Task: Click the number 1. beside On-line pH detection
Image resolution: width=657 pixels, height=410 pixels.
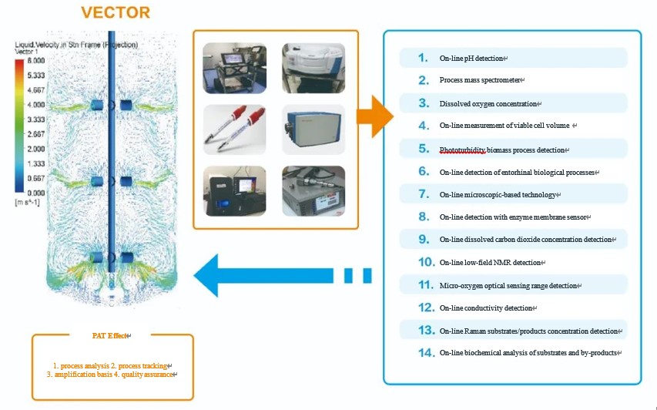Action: [x=423, y=58]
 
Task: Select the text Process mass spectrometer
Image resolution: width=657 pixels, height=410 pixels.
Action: [x=481, y=81]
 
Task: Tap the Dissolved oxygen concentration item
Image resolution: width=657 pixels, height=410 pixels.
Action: [x=490, y=104]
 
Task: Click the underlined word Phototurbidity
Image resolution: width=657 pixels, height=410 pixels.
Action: [x=462, y=150]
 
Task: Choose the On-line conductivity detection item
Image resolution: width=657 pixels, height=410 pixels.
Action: [x=487, y=308]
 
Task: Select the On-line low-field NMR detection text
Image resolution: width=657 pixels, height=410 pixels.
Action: [x=491, y=263]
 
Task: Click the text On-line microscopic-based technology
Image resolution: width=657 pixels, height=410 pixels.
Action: [x=498, y=195]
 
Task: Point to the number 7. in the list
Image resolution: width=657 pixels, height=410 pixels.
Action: [x=424, y=194]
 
